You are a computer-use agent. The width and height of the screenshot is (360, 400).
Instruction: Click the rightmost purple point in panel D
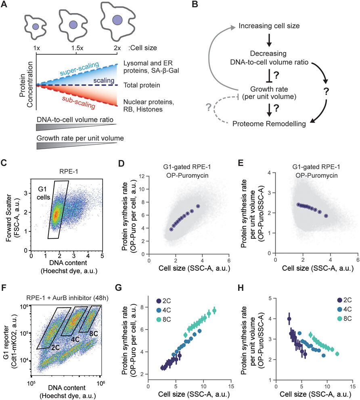(198, 206)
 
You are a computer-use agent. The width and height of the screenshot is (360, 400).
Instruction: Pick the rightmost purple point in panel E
(326, 216)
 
